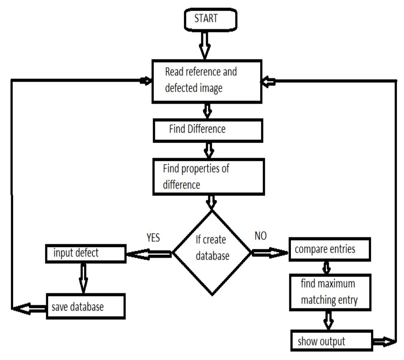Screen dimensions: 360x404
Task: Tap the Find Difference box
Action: [208, 130]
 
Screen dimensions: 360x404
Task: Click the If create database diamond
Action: [212, 253]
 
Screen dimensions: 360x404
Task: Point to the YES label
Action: [153, 238]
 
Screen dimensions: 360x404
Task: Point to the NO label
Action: [260, 237]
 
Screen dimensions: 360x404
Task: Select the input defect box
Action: [85, 254]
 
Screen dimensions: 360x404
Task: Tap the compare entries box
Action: [329, 250]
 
